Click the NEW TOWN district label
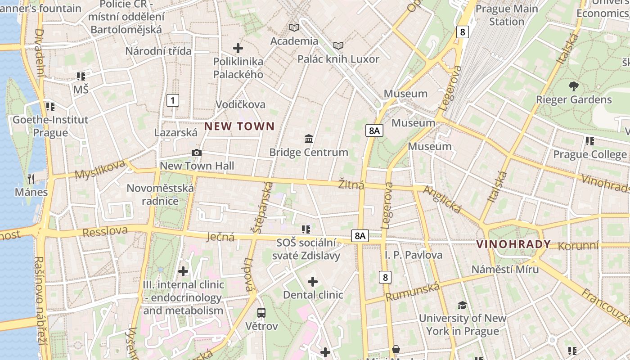click(x=239, y=126)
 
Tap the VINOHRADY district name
click(x=513, y=244)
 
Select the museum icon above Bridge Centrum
click(x=309, y=139)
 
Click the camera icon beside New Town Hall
click(x=197, y=153)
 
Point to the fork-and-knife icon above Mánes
click(x=31, y=179)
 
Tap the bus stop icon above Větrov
click(x=261, y=312)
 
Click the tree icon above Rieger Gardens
click(x=573, y=86)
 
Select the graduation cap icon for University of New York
click(x=462, y=306)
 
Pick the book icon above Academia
click(x=294, y=28)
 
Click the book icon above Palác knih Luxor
click(x=338, y=46)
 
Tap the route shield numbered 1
click(x=172, y=100)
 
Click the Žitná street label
click(x=351, y=184)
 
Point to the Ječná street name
click(x=220, y=237)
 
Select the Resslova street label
click(x=105, y=232)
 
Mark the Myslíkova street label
click(x=99, y=169)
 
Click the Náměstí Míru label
click(x=505, y=270)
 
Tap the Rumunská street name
click(x=412, y=292)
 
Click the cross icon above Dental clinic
click(x=313, y=282)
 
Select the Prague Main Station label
click(x=507, y=15)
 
